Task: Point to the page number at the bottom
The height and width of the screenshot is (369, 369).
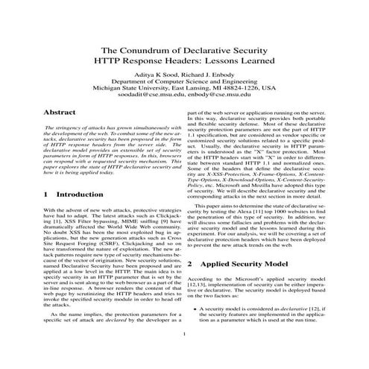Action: tap(183, 355)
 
